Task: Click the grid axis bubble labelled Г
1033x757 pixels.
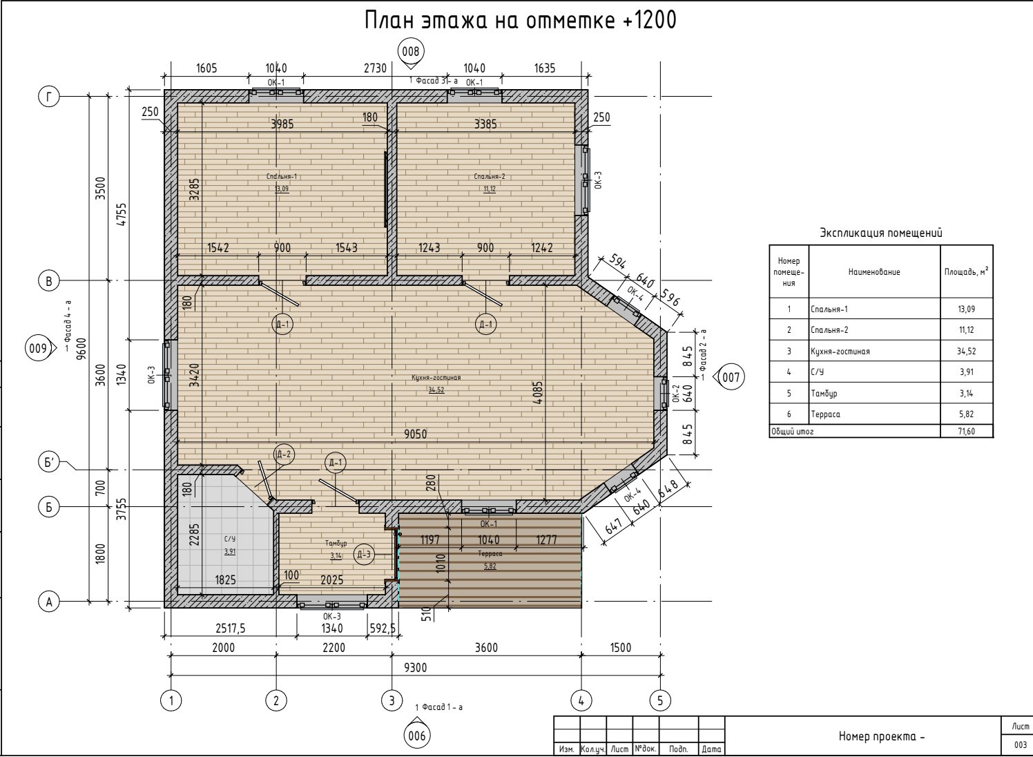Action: click(49, 97)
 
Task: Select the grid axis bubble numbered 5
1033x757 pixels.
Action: click(660, 701)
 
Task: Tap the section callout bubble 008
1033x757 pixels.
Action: click(410, 51)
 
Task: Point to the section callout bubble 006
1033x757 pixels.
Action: click(417, 736)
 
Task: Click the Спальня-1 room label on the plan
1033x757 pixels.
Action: click(282, 176)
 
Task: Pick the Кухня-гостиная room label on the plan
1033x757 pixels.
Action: click(436, 377)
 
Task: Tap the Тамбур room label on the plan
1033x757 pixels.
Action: click(336, 544)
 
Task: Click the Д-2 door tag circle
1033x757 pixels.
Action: click(284, 454)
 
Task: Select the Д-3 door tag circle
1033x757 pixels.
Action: click(364, 555)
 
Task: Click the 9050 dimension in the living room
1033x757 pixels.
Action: click(416, 434)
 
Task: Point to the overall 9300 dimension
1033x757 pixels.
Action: click(416, 667)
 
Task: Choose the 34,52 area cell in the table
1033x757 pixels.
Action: click(966, 351)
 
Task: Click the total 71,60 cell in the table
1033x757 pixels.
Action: click(966, 431)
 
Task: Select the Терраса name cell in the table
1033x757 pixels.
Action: click(825, 414)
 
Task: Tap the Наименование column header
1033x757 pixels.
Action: click(874, 271)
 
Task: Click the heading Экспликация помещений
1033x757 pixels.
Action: click(881, 233)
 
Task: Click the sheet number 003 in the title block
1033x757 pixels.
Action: click(1020, 745)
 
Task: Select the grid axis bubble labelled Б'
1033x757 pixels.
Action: click(49, 462)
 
